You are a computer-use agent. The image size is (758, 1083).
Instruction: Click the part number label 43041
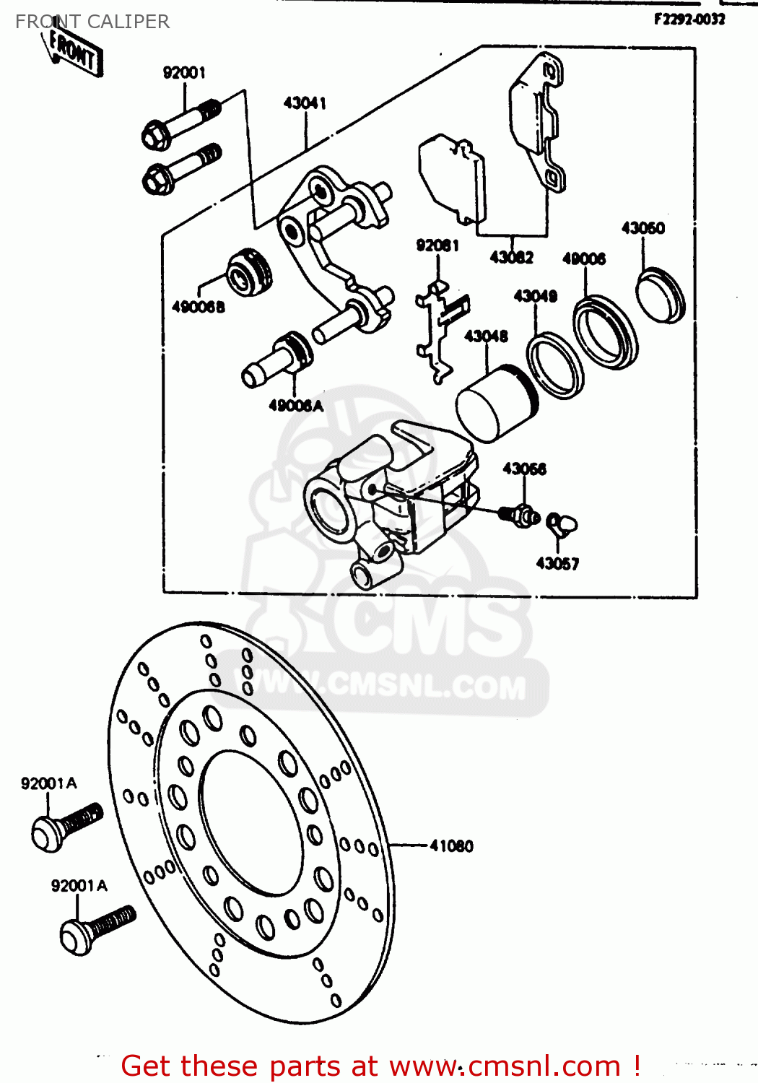[305, 103]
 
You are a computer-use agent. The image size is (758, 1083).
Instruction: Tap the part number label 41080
[451, 845]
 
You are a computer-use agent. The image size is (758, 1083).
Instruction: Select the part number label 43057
[557, 563]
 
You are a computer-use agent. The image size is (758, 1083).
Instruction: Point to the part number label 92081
[437, 245]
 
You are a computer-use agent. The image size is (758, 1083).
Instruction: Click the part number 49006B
[199, 307]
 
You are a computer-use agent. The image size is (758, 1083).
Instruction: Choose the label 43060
[642, 228]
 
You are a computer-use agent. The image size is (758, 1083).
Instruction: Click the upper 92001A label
[49, 783]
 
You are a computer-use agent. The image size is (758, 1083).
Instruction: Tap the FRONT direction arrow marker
[74, 51]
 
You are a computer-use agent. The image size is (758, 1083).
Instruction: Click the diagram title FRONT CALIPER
[92, 22]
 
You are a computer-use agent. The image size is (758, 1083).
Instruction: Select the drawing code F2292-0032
[689, 19]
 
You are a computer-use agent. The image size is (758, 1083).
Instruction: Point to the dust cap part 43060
[660, 294]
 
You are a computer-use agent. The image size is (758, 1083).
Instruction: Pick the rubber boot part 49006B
[250, 273]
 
